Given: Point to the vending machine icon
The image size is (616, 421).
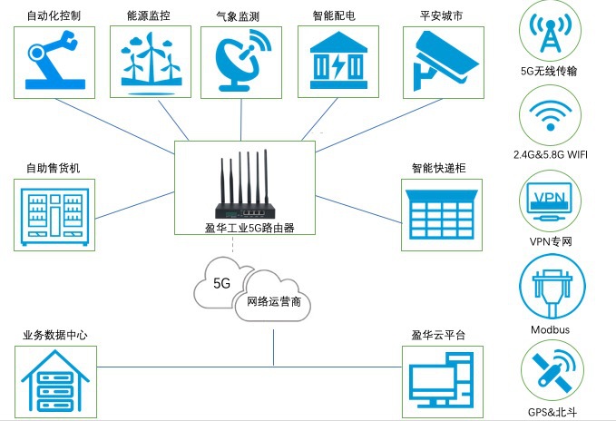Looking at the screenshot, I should click(55, 214).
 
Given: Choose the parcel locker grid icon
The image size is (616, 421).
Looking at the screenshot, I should click(441, 216).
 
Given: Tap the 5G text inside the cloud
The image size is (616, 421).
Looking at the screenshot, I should click(222, 283).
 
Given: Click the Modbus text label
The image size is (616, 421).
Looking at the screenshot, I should click(550, 329).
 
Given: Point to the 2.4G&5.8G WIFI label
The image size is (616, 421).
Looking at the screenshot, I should click(550, 154).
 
